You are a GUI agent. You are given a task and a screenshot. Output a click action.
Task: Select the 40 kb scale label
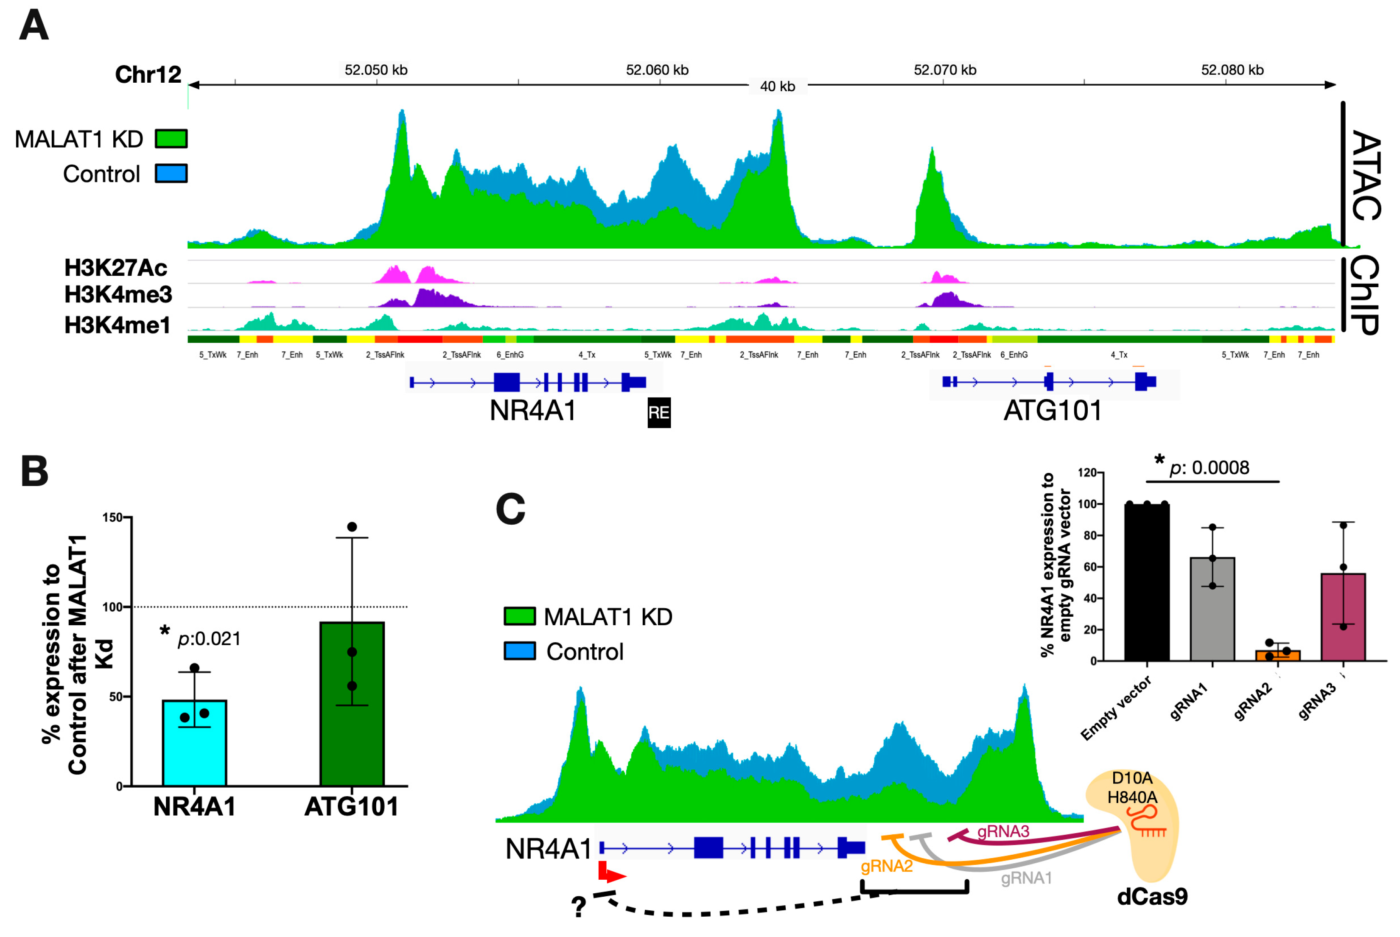click(777, 87)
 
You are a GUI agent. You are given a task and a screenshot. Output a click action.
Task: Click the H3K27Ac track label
click(115, 268)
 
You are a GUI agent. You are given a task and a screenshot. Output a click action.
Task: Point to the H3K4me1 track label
click(117, 325)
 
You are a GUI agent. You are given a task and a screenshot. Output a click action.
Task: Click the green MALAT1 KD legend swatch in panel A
click(171, 139)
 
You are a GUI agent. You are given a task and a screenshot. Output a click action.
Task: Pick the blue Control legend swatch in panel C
click(519, 651)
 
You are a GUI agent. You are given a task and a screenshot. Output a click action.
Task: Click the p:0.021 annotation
click(209, 639)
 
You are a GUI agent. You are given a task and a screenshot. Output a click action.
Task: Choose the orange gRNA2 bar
click(1277, 655)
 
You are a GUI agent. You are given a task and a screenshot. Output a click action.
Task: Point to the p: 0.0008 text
click(1209, 467)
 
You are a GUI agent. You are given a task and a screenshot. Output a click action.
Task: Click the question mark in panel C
click(578, 906)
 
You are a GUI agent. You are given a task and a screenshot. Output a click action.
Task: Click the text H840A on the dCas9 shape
click(1132, 797)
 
